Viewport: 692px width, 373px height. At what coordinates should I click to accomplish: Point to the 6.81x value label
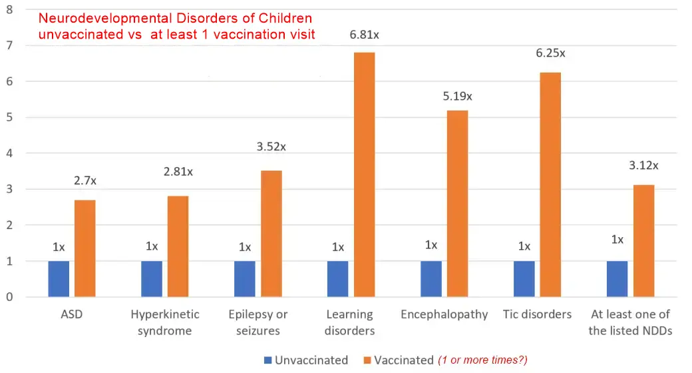pyautogui.click(x=364, y=34)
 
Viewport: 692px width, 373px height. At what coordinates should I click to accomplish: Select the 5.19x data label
pyautogui.click(x=457, y=97)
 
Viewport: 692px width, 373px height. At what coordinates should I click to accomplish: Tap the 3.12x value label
pyautogui.click(x=643, y=165)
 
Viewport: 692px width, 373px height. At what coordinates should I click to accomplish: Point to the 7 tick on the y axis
pyautogui.click(x=10, y=45)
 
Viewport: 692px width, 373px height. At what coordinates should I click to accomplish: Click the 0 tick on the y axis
pyautogui.click(x=10, y=297)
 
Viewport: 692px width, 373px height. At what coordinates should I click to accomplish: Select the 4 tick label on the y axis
pyautogui.click(x=10, y=153)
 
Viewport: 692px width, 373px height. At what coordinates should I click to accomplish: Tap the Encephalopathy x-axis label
pyautogui.click(x=444, y=314)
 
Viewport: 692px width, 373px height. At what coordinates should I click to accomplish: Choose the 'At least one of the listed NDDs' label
pyautogui.click(x=629, y=322)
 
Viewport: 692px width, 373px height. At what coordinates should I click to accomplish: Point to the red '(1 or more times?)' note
pyautogui.click(x=482, y=360)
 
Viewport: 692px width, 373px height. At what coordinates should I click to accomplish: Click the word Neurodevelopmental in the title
pyautogui.click(x=106, y=19)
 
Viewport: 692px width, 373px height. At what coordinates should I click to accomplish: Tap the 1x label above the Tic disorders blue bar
pyautogui.click(x=524, y=246)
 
